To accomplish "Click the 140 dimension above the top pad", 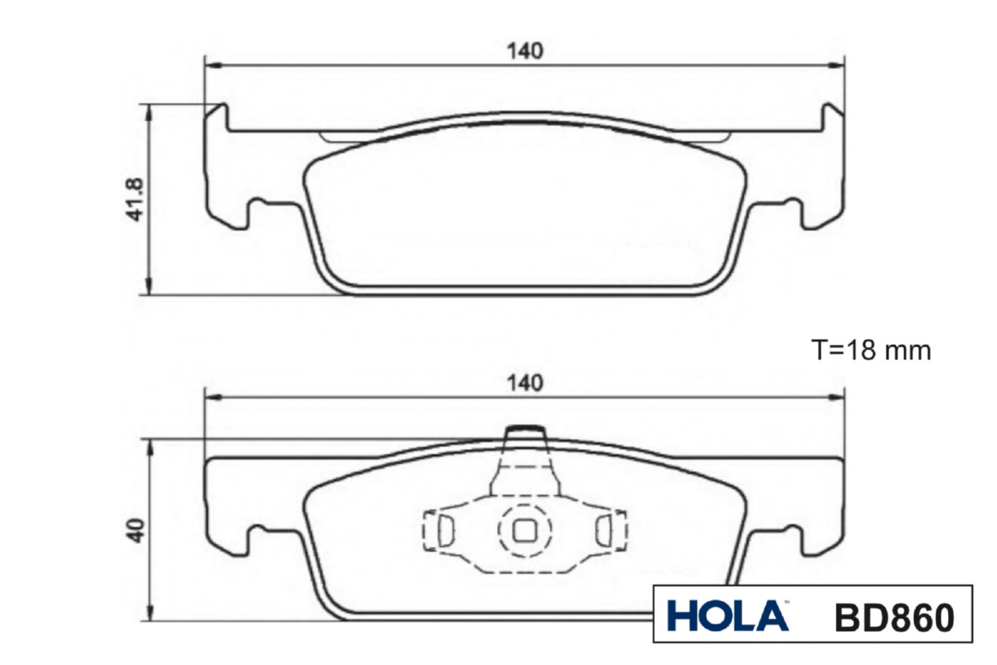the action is click(x=525, y=52).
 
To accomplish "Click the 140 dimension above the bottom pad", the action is click(x=525, y=383).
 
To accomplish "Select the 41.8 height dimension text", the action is click(x=135, y=199).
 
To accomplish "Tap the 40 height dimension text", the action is click(x=135, y=530).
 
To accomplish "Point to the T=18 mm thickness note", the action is click(x=871, y=350).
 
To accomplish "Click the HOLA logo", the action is click(x=728, y=616).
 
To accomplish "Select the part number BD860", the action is click(x=895, y=618).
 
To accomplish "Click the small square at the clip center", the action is click(x=525, y=530).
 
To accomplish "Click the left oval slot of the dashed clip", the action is click(x=445, y=530).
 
